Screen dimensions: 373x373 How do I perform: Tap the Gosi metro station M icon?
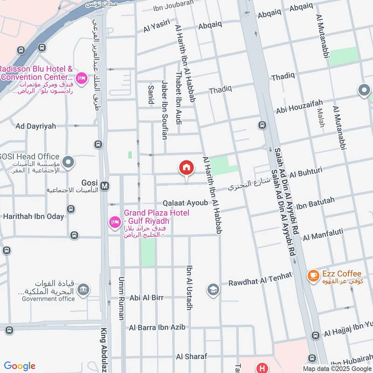(105, 186)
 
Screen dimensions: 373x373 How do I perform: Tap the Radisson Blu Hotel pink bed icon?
(82, 78)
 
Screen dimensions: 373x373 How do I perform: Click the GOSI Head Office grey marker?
(68, 162)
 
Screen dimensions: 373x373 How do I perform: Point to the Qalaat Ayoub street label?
(185, 203)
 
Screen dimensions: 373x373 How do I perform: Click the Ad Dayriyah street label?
(35, 126)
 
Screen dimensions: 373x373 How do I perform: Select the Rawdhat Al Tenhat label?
(260, 279)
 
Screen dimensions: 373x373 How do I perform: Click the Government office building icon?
(83, 290)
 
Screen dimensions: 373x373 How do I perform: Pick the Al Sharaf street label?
(191, 356)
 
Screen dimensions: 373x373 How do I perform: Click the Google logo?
(20, 366)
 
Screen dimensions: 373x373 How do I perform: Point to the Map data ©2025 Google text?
(337, 368)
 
